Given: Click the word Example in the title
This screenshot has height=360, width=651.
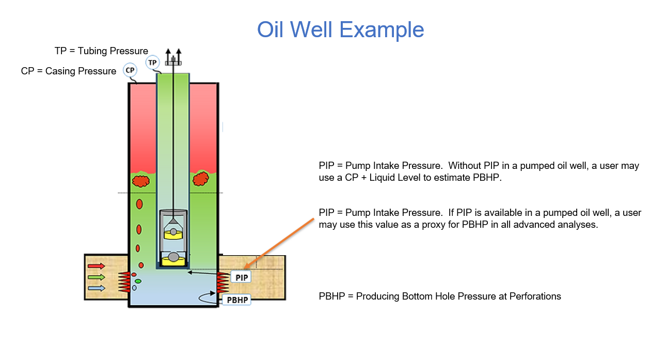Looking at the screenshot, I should tap(382, 29).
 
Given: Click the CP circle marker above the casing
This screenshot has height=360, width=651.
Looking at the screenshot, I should tap(130, 70).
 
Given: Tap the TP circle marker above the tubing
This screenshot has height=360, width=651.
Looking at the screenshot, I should tap(152, 62).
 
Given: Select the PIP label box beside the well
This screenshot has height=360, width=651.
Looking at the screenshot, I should tap(242, 277).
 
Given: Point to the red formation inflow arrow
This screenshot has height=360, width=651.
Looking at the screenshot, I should tap(96, 267).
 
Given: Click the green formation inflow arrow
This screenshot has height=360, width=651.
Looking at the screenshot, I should tap(96, 277).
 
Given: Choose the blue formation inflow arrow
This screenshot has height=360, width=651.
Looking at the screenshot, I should tap(96, 288).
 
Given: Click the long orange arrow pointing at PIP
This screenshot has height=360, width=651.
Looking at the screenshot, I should tap(284, 242).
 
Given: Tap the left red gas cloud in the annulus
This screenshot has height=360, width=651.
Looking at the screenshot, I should tap(140, 181).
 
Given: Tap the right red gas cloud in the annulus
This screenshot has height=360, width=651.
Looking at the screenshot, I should tap(200, 179).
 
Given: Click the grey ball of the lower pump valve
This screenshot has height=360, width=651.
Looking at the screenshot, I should tap(173, 257).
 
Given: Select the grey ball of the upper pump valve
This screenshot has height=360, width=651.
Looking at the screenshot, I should tap(173, 231).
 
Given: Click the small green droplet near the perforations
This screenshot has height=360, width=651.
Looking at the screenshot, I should tap(138, 281).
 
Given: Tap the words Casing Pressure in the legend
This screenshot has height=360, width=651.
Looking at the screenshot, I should tap(81, 71).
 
